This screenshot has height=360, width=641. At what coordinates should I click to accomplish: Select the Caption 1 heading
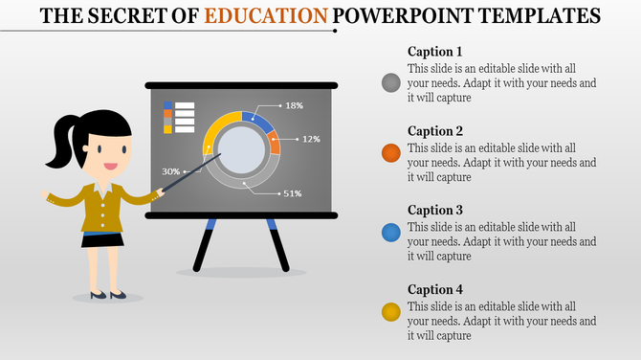pos(435,52)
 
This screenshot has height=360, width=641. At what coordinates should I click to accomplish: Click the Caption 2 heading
pos(435,131)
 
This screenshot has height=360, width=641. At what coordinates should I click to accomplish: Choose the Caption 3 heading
pos(435,211)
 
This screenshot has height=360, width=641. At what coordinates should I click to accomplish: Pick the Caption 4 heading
pos(435,290)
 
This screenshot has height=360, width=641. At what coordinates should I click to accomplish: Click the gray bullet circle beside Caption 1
pos(390,82)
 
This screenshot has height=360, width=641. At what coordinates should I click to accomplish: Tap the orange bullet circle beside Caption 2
pos(390,153)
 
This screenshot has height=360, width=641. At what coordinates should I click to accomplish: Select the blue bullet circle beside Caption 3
pos(390,233)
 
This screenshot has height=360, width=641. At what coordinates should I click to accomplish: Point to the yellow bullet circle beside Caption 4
pos(390,311)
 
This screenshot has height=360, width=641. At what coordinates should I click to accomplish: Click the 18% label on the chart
pos(294,105)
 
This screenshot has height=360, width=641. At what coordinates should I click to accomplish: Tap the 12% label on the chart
pos(311,139)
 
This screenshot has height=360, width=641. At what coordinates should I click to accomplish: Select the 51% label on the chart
pos(292,193)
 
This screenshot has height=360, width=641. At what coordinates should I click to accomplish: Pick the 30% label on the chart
pos(171,171)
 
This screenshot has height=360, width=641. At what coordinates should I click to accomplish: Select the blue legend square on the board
pos(168,104)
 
